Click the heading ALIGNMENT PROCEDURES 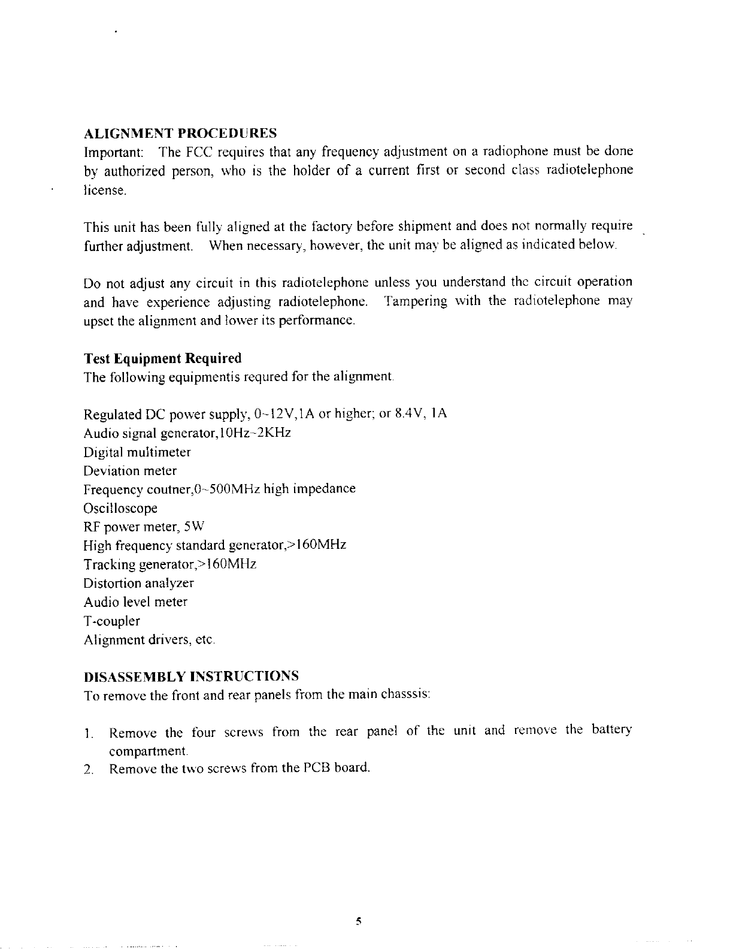(180, 132)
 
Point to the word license (105, 191)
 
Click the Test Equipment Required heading (162, 358)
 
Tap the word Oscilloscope (120, 509)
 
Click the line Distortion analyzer (139, 583)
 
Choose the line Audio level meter (135, 602)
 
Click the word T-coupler (111, 621)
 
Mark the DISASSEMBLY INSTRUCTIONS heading (191, 676)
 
